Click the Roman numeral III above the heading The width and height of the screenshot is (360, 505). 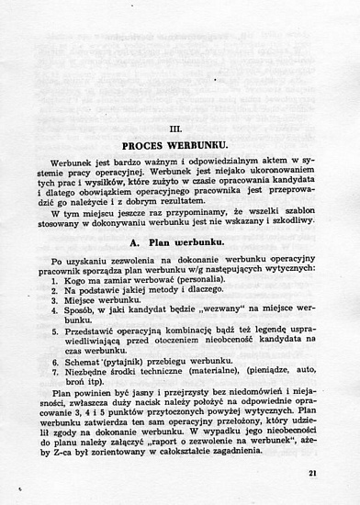180,127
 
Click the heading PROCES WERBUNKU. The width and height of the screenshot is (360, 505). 180,145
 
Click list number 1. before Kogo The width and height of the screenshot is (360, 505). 56,278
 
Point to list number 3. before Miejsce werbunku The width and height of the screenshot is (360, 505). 56,299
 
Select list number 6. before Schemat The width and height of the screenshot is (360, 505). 56,363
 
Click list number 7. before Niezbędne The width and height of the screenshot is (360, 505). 56,374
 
